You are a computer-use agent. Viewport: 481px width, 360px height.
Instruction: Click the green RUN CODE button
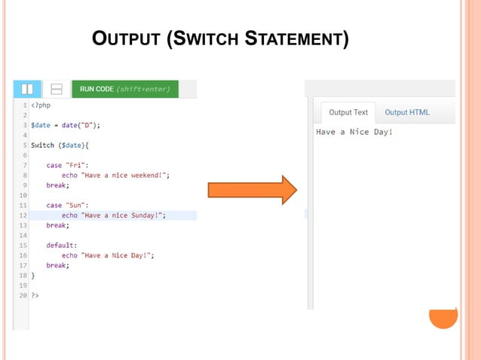tap(124, 89)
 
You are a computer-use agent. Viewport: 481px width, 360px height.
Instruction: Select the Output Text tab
tap(348, 112)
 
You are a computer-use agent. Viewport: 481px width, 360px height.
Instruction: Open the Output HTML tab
tap(407, 112)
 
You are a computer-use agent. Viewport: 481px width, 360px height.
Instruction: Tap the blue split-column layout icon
tap(27, 89)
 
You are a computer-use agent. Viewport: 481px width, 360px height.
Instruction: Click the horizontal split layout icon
tap(56, 89)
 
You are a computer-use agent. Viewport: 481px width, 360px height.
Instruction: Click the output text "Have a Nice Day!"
tap(354, 133)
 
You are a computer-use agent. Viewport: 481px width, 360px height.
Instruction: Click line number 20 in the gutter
tap(23, 295)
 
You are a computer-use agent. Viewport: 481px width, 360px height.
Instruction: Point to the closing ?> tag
tap(35, 295)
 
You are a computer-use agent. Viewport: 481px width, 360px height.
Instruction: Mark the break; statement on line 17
tap(58, 265)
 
